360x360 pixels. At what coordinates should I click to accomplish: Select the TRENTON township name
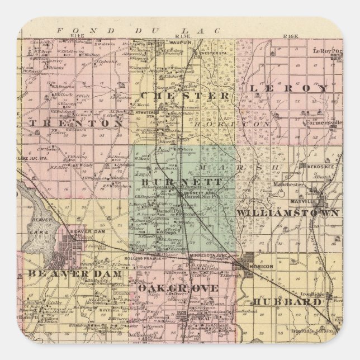point(78,121)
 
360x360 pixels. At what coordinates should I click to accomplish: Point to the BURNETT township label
point(174,182)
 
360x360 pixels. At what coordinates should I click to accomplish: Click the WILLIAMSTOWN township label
point(287,213)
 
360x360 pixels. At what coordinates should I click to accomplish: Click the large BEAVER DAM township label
point(62,274)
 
